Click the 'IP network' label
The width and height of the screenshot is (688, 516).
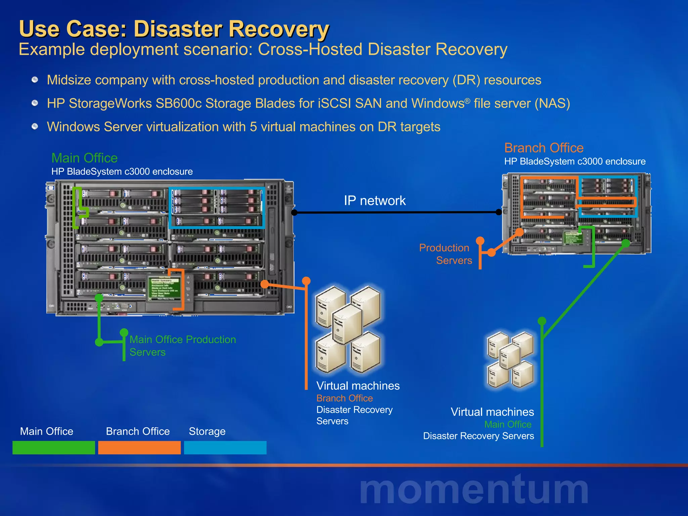point(375,201)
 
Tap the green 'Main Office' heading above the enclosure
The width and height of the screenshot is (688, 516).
point(84,158)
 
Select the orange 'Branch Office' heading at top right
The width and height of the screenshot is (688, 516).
point(544,148)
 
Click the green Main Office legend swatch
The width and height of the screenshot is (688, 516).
point(54,447)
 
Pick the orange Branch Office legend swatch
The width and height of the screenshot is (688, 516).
point(139,447)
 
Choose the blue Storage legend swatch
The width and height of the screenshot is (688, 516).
point(225,447)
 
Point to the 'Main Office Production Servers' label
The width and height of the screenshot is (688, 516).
point(182,346)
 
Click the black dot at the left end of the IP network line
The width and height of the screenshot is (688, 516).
point(294,212)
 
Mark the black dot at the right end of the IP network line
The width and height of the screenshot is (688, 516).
point(499,212)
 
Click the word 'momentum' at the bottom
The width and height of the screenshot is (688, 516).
point(474,489)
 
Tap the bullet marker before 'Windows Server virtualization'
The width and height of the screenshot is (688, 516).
point(35,127)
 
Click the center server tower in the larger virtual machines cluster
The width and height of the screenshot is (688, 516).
point(347,324)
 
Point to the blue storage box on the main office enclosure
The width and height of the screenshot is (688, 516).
point(217,208)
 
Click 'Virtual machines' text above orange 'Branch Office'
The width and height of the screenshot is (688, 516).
point(358,386)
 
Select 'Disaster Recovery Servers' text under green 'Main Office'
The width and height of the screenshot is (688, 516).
point(478,436)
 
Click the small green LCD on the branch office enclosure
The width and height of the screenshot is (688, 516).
point(572,238)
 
